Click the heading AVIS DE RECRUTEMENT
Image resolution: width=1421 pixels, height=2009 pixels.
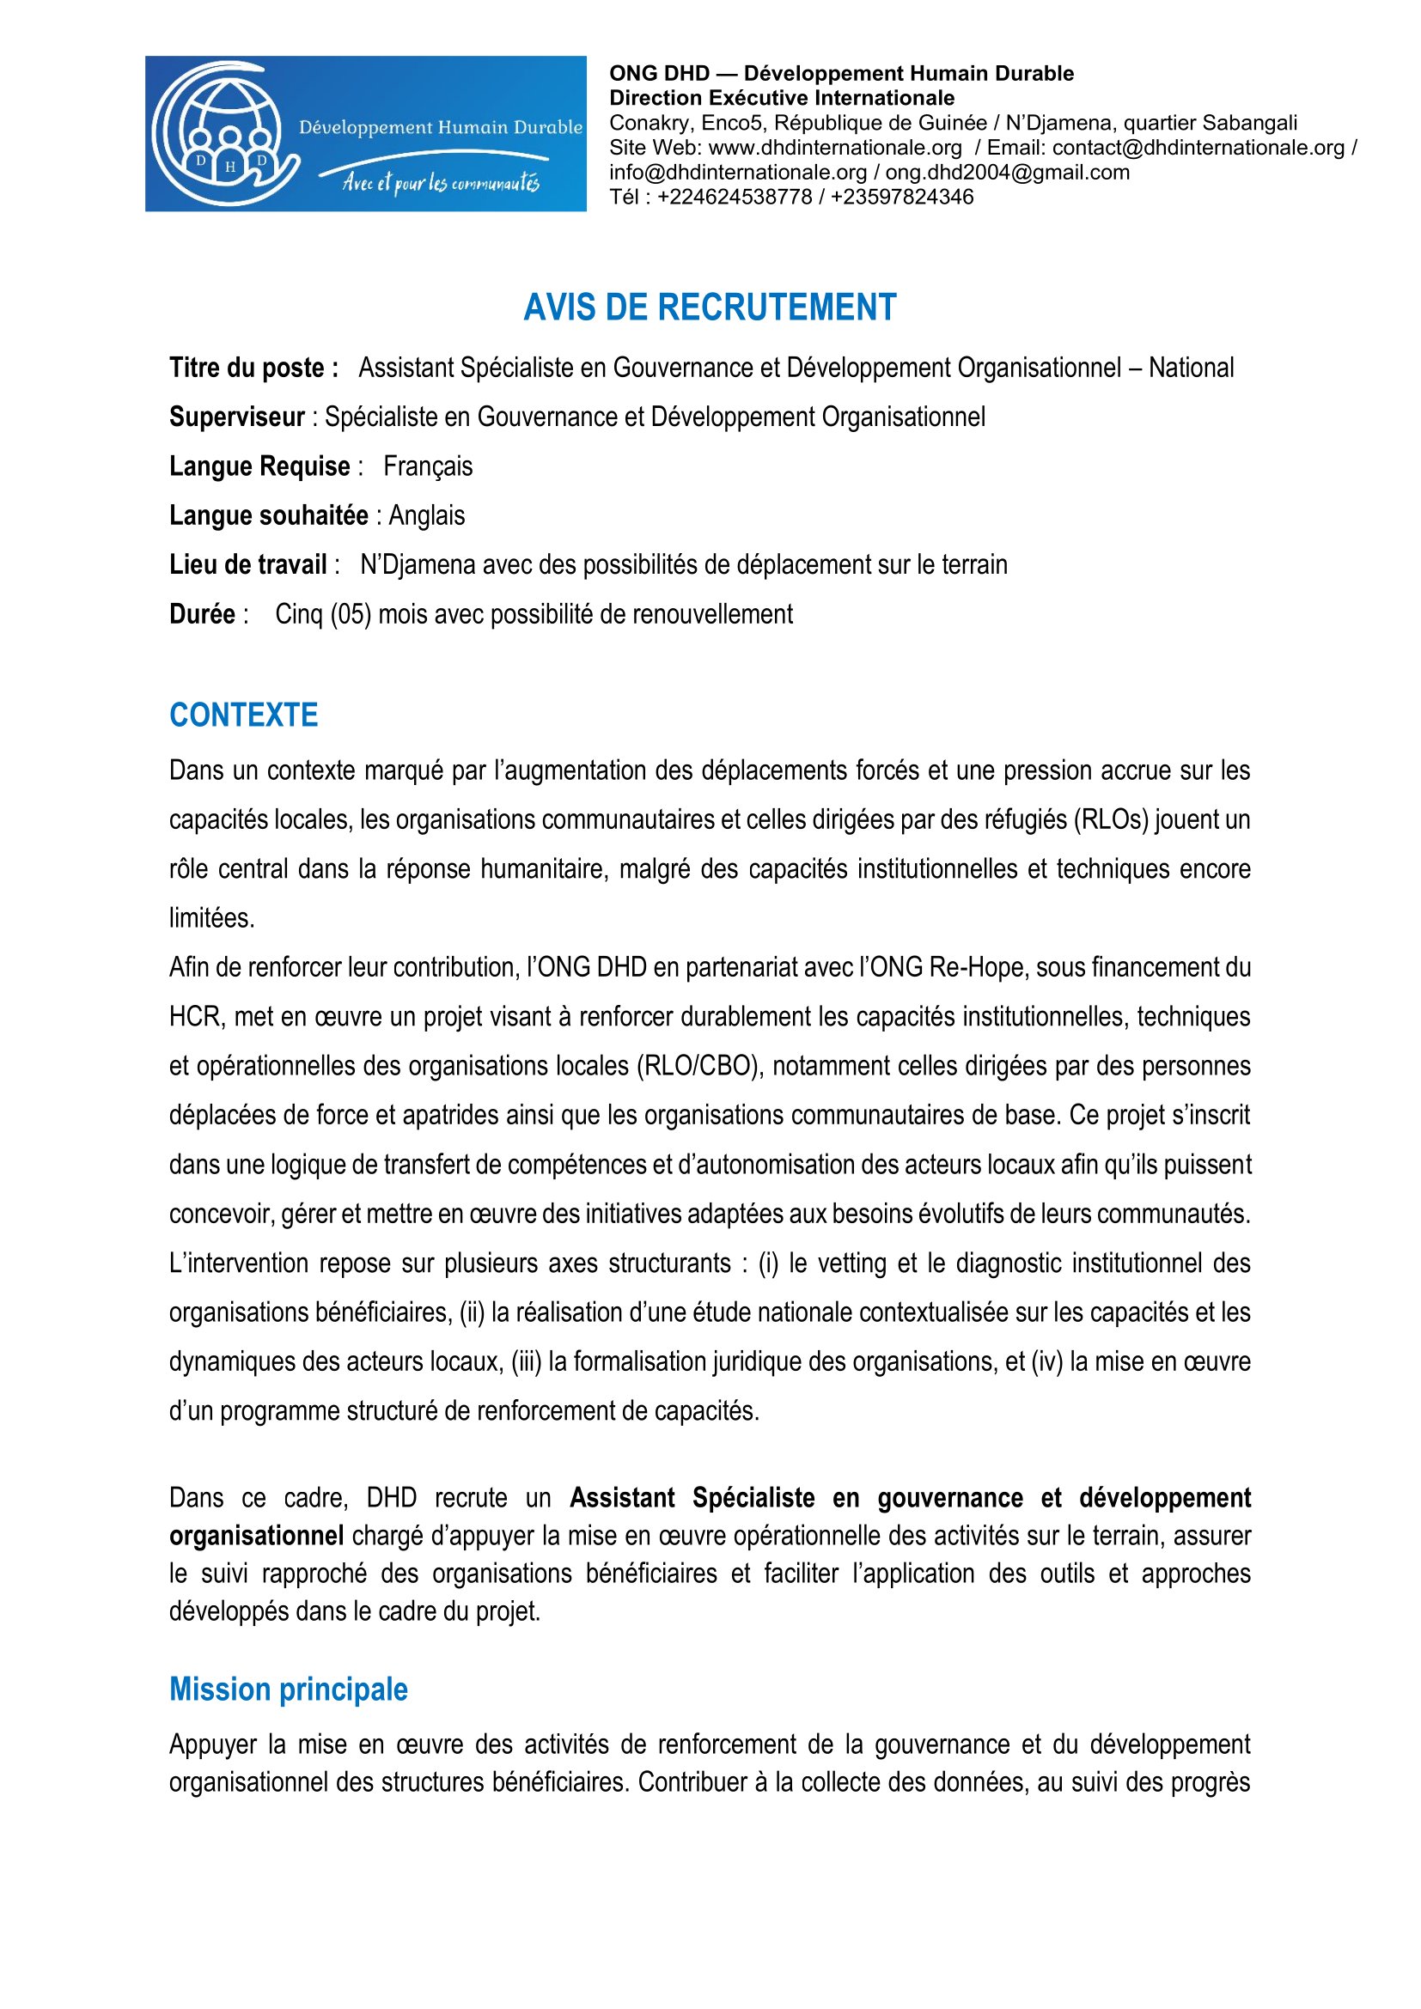pos(710,307)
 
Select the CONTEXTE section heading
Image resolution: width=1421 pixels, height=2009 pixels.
pos(243,715)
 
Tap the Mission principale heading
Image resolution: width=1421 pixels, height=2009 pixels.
pos(288,1689)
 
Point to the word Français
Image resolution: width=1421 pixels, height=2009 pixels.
pos(428,466)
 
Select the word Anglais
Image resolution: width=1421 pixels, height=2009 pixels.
pos(427,515)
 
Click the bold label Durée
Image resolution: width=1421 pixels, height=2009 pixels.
pos(202,614)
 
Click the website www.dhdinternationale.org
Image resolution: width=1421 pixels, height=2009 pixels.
pos(835,148)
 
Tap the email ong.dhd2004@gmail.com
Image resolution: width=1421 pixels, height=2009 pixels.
pos(1007,173)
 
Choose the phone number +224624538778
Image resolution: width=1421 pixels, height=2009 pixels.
pos(734,197)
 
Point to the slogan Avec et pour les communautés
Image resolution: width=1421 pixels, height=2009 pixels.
pos(441,183)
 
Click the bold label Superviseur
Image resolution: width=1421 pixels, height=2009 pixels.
pos(237,417)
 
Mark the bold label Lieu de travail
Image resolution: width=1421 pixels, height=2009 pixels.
pos(248,565)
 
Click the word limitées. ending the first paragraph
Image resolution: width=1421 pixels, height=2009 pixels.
pos(211,919)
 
